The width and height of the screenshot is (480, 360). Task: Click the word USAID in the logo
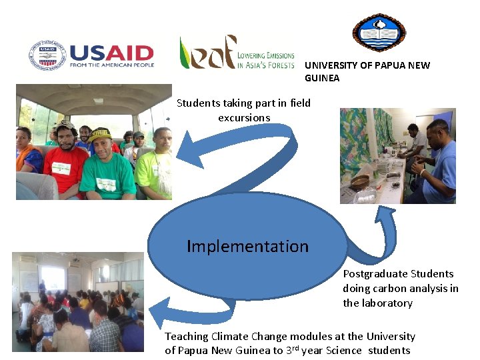(111, 53)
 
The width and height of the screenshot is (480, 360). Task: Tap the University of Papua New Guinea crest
(378, 32)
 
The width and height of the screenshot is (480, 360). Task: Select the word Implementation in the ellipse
(247, 246)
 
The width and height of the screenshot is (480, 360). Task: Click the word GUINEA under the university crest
(322, 78)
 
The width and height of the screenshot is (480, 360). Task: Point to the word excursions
(244, 117)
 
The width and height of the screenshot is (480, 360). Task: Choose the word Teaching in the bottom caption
(187, 336)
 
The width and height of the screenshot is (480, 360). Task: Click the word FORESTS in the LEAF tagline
(279, 65)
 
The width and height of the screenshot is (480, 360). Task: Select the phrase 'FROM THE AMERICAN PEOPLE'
(111, 65)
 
